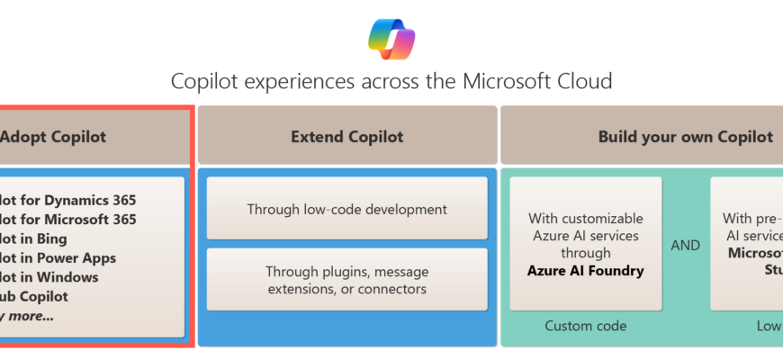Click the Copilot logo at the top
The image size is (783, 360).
click(x=391, y=37)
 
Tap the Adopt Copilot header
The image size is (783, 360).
click(x=54, y=137)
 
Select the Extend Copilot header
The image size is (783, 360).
click(x=347, y=137)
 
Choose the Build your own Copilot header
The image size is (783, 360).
click(x=685, y=137)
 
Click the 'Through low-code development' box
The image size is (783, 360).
click(x=347, y=209)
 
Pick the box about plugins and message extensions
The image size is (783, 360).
click(x=347, y=280)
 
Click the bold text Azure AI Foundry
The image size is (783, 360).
click(x=586, y=270)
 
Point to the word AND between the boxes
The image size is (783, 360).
click(x=686, y=245)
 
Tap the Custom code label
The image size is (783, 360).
click(x=586, y=326)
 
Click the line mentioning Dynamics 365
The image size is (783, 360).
click(x=68, y=200)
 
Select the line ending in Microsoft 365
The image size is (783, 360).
click(x=68, y=219)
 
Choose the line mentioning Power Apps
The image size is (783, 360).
click(x=58, y=258)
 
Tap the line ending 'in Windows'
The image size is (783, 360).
click(x=49, y=277)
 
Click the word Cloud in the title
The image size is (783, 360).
click(x=586, y=82)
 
